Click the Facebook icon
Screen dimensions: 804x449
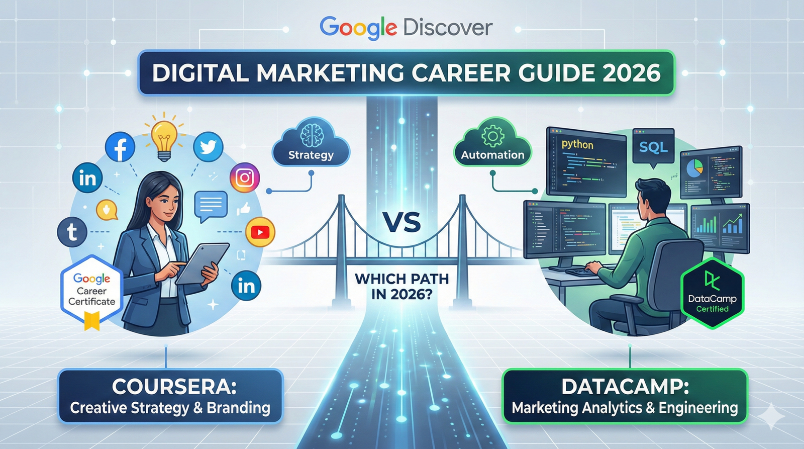120,147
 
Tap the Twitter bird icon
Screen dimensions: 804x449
208,146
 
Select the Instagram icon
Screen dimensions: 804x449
245,177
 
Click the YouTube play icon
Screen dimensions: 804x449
260,232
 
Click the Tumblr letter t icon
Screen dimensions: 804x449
72,232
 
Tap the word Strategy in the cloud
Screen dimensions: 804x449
311,155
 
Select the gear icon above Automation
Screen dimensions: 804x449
492,136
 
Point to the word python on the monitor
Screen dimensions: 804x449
577,144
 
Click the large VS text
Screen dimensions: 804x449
401,222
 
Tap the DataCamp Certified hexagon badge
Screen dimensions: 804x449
712,293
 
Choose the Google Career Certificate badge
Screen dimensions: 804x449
92,291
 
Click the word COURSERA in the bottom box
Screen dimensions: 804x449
174,387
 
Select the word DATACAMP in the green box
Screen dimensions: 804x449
625,387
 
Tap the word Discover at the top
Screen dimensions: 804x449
448,28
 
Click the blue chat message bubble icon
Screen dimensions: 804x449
211,206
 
